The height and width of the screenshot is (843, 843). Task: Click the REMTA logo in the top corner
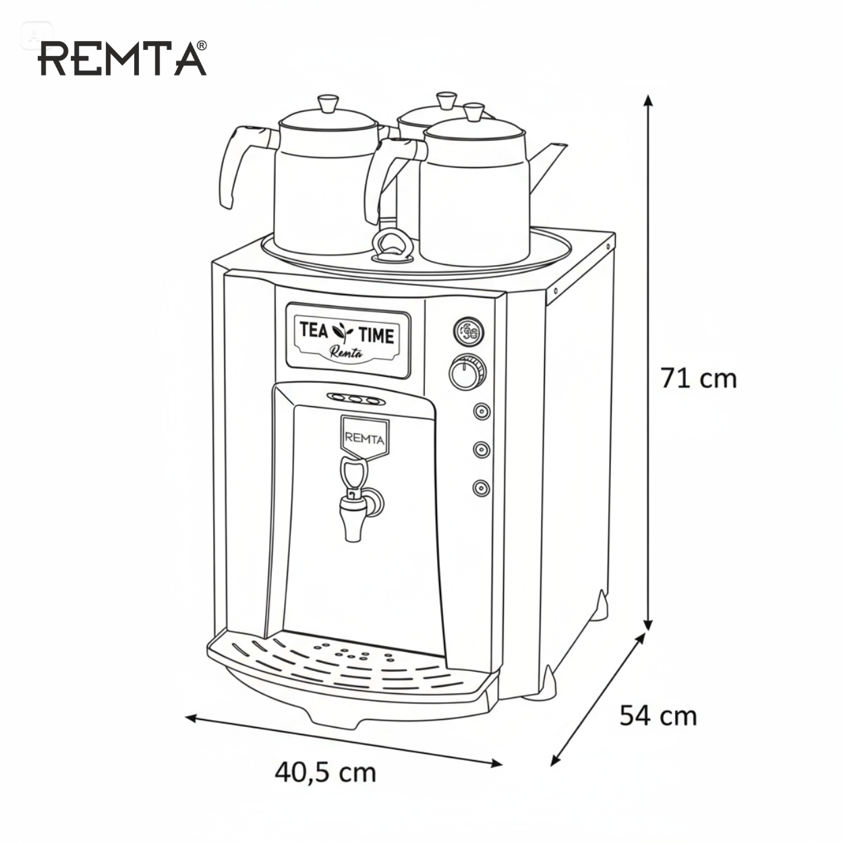[122, 59]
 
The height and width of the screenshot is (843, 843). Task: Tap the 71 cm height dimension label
[699, 378]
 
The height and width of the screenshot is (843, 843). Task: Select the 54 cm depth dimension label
[658, 716]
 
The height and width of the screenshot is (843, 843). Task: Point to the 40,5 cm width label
[326, 772]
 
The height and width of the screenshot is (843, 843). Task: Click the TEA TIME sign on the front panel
[348, 340]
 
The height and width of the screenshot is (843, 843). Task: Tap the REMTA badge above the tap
[365, 438]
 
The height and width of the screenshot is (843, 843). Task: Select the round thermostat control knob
[467, 373]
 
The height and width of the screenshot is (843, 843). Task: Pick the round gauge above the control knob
[468, 332]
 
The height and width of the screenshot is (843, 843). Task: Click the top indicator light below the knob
[482, 411]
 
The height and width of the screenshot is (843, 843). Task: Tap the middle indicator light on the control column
[482, 449]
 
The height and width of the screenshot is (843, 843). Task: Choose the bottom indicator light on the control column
[482, 488]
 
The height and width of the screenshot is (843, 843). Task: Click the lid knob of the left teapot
[328, 104]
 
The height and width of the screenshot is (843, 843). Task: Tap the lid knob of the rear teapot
[446, 100]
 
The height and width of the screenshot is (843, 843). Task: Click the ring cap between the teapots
[392, 246]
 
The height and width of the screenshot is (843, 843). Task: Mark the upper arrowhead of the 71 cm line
[648, 100]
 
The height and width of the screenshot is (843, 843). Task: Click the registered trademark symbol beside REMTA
[202, 45]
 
